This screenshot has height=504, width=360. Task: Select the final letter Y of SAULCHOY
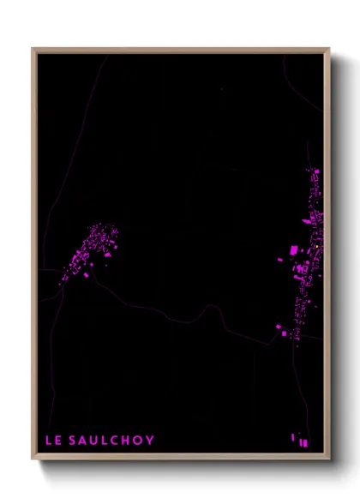point(150,441)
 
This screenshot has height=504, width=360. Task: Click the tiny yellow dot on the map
point(317,247)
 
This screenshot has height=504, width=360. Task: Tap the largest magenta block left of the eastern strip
point(294,250)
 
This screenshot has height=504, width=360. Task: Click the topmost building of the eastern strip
point(315,171)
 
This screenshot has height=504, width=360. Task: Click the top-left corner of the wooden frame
point(33,49)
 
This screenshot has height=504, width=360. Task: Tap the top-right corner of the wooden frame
point(329,49)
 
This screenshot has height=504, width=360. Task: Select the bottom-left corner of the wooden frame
point(33,459)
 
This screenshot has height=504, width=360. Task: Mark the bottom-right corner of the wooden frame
point(329,459)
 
